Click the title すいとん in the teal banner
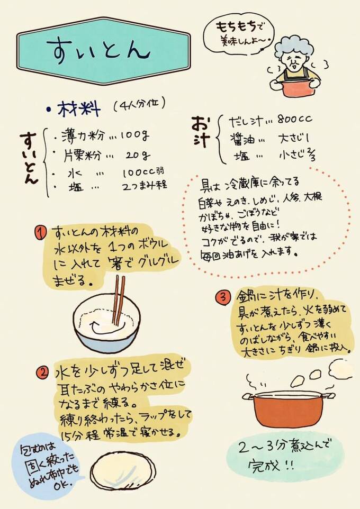[98, 50]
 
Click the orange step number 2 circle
[42, 372]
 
